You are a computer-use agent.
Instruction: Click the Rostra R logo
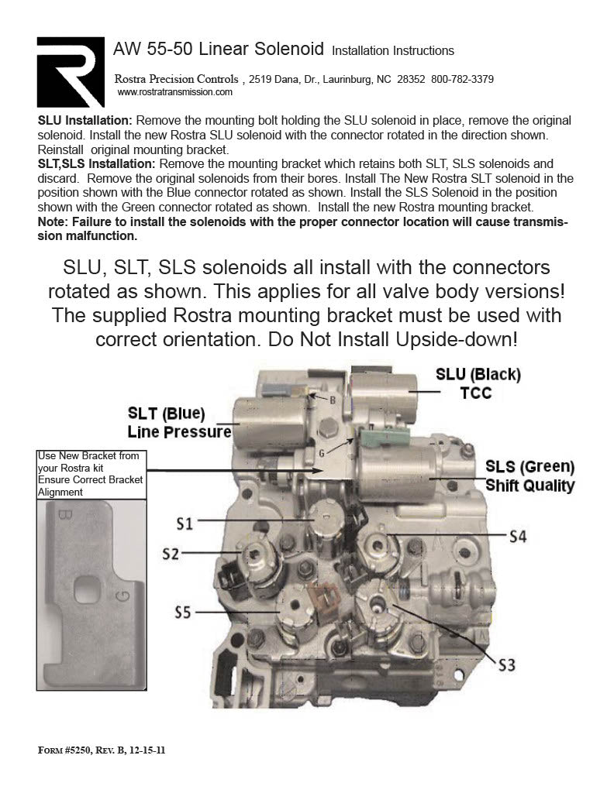[x=71, y=72]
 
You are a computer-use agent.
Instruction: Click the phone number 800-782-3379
[x=462, y=80]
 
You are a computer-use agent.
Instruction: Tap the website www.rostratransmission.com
[x=174, y=91]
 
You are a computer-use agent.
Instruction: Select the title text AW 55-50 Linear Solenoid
[x=219, y=50]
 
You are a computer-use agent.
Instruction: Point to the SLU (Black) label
[x=478, y=374]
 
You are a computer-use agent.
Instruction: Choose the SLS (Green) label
[x=529, y=467]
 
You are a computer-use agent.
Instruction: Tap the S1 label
[x=184, y=524]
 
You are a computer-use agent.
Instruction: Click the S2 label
[x=171, y=554]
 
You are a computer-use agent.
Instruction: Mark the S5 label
[x=183, y=612]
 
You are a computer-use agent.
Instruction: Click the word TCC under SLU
[x=476, y=393]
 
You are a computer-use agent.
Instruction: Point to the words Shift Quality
[x=529, y=486]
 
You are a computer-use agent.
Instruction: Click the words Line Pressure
[x=179, y=431]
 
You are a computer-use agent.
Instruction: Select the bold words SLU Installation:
[x=85, y=122]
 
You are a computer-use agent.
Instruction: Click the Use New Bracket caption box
[x=90, y=474]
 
